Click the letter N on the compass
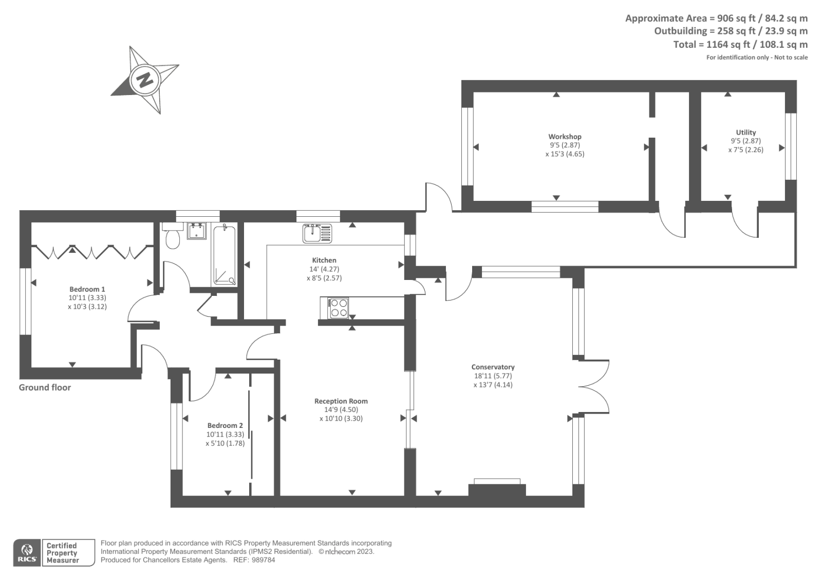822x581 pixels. [x=145, y=79]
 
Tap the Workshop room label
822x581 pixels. [x=565, y=137]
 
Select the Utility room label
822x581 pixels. [x=746, y=133]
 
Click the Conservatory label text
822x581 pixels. [x=493, y=367]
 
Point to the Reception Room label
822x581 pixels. [x=341, y=401]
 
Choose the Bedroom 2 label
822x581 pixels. [x=225, y=426]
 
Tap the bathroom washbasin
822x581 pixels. [x=197, y=231]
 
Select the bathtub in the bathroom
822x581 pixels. [x=224, y=255]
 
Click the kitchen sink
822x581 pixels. [x=317, y=233]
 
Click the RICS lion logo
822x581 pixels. [x=27, y=553]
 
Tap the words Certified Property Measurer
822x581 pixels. [x=62, y=553]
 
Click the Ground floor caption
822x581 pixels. [x=45, y=387]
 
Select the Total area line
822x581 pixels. [x=740, y=45]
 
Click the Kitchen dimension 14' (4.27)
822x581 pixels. [x=324, y=269]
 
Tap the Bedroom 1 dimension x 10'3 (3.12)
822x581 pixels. [x=87, y=307]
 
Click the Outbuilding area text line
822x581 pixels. [x=731, y=31]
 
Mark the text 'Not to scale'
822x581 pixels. [x=791, y=57]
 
